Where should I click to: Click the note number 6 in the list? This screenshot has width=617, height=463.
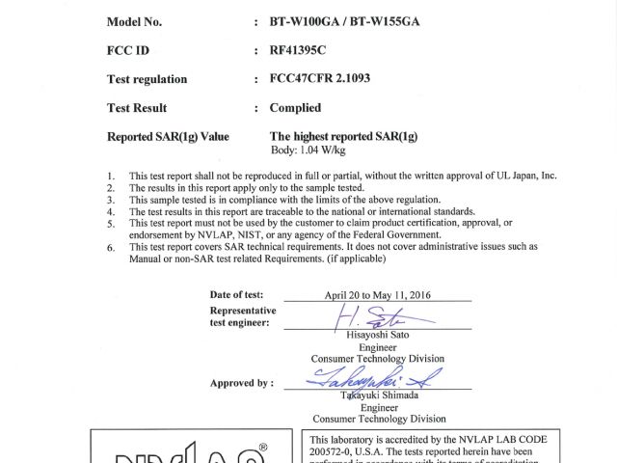pyautogui.click(x=111, y=247)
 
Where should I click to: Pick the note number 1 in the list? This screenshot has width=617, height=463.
pyautogui.click(x=111, y=177)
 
